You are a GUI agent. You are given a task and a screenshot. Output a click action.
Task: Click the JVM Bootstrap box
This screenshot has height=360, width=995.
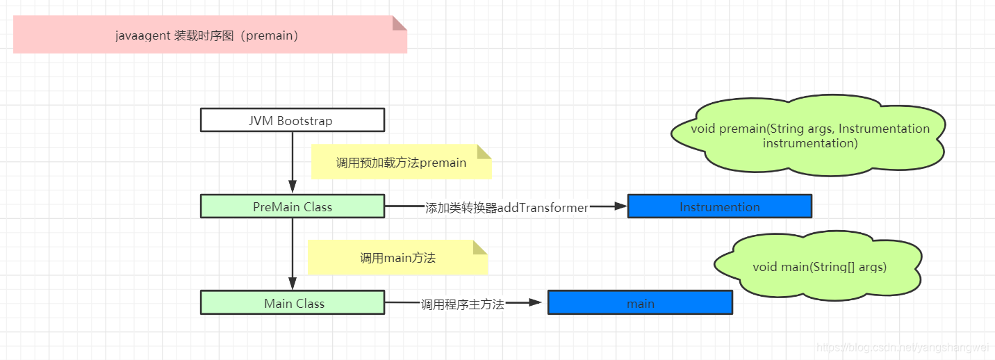292,120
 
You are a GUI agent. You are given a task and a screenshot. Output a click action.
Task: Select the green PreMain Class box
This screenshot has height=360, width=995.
292,206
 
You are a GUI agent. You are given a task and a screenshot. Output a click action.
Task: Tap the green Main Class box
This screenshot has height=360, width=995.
292,303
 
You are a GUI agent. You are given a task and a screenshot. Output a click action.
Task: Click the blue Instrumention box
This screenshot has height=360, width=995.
719,206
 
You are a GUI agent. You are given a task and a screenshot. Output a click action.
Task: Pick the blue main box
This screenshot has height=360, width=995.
640,303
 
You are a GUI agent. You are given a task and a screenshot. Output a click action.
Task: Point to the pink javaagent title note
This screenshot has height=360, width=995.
208,35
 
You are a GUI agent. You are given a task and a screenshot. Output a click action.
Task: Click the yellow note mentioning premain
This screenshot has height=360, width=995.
401,163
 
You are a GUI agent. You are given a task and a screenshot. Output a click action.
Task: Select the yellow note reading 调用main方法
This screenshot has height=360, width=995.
397,258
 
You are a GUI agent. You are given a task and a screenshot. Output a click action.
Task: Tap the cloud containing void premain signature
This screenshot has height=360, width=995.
809,136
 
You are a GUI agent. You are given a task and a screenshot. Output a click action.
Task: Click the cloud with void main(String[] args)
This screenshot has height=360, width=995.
819,267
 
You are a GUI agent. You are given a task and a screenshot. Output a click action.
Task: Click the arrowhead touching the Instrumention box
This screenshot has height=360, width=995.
620,206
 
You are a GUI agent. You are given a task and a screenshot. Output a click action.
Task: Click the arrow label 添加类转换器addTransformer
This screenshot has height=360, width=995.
507,207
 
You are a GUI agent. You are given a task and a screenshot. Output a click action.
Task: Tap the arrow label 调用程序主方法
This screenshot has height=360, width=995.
462,304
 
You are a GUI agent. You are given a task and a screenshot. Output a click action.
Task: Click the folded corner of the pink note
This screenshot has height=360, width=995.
399,23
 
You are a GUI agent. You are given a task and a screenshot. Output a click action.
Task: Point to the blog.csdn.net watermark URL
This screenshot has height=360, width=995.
903,347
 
